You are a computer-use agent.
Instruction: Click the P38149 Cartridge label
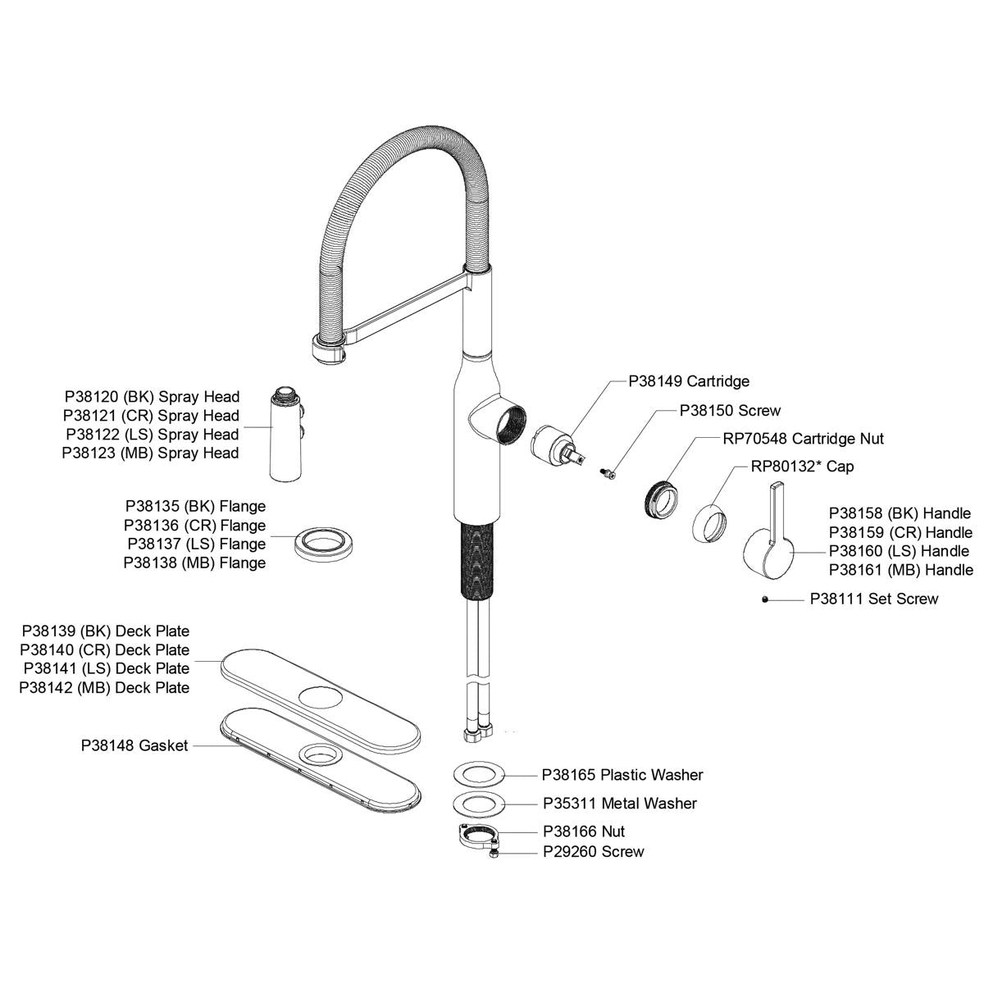(689, 381)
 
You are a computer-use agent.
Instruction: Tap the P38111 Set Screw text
(873, 599)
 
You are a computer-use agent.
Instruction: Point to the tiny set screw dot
(764, 600)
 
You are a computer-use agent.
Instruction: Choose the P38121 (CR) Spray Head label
(151, 416)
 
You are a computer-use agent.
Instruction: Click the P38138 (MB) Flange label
(194, 563)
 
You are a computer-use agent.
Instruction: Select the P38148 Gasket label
(134, 746)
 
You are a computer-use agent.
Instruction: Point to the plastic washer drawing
(476, 774)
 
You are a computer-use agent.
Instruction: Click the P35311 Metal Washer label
(619, 804)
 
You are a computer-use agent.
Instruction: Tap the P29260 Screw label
(593, 852)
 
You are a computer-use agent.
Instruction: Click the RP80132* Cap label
(802, 467)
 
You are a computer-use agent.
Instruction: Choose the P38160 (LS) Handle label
(899, 551)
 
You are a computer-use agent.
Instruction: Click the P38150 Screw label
(730, 411)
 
